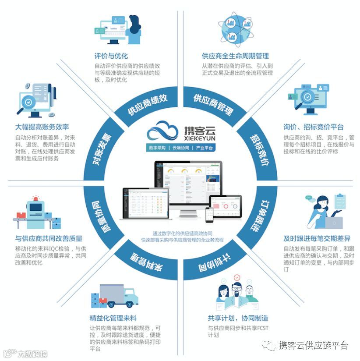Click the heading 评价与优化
point(111,56)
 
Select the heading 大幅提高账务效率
point(42,127)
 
